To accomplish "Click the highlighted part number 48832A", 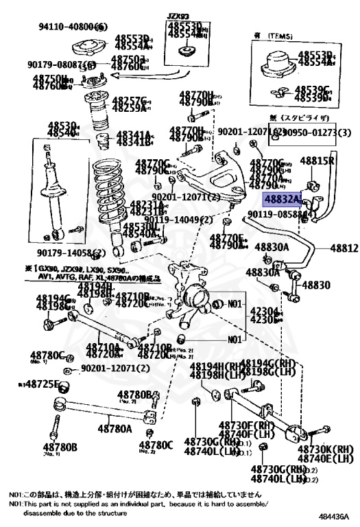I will pyautogui.click(x=283, y=199).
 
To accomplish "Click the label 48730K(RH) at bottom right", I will pyautogui.click(x=324, y=448).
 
